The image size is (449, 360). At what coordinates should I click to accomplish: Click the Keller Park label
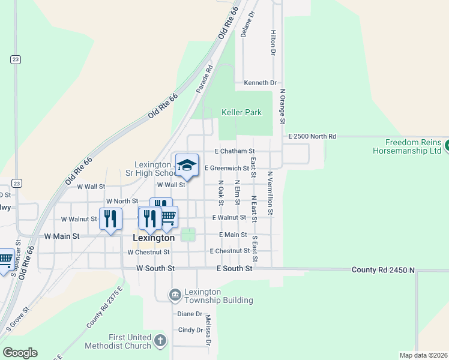[x=241, y=112]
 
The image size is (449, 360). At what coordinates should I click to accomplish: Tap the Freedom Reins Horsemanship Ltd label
[x=413, y=147]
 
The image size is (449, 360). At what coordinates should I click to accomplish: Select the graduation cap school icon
[x=187, y=165]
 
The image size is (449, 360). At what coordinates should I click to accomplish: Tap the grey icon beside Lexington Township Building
[x=175, y=294]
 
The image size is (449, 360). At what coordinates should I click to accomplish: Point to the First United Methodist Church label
[x=130, y=341]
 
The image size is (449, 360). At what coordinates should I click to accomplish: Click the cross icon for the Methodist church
[x=160, y=341]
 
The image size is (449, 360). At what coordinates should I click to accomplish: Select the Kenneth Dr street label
[x=260, y=83]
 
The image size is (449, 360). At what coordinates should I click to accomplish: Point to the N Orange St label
[x=282, y=107]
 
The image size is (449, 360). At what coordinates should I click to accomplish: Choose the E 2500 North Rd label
[x=312, y=137]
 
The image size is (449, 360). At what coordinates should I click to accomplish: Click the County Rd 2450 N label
[x=383, y=271]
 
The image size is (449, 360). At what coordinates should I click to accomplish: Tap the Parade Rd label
[x=204, y=79]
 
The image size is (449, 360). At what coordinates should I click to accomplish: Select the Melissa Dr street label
[x=208, y=331]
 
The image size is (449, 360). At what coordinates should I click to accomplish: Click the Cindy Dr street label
[x=190, y=330]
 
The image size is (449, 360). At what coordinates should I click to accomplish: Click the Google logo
[x=20, y=353]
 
